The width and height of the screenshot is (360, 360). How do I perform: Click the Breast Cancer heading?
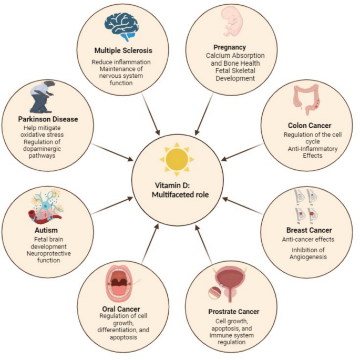click(x=308, y=230)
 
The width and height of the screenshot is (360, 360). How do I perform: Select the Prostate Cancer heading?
click(x=235, y=312)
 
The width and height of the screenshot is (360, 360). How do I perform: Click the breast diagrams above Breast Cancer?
click(x=305, y=204)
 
